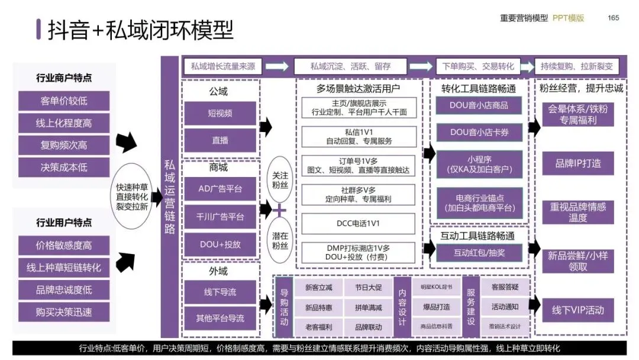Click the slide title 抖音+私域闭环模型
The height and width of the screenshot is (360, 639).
[x=140, y=30]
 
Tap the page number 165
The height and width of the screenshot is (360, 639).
[x=613, y=18]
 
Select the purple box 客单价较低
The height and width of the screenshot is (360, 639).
[x=64, y=101]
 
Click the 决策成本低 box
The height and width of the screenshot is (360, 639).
[x=64, y=167]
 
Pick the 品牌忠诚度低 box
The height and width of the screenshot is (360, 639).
[x=64, y=290]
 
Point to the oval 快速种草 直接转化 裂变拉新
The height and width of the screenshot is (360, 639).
[x=132, y=196]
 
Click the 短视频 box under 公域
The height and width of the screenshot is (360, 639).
[x=220, y=113]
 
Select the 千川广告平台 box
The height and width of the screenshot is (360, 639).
[x=220, y=217]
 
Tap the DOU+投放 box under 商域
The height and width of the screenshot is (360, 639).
[x=220, y=244]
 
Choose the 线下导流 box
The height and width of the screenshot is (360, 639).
[x=220, y=292]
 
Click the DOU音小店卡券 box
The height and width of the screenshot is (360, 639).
[x=479, y=132]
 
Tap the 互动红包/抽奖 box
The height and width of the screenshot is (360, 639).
[x=479, y=253]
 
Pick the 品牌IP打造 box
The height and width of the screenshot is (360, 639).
[x=577, y=163]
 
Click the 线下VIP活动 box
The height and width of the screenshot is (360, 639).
[x=577, y=310]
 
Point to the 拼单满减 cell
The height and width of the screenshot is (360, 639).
[x=368, y=307]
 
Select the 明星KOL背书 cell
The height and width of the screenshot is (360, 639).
[x=436, y=287]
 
